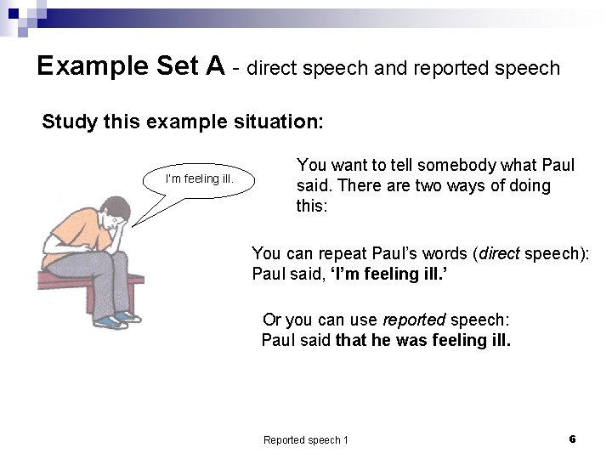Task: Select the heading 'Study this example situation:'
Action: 182,122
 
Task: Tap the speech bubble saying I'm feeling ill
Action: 199,179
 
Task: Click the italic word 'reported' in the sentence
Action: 414,320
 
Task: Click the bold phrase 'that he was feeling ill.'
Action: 423,341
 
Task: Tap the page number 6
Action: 572,439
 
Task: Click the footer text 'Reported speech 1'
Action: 305,439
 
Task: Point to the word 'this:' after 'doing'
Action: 311,206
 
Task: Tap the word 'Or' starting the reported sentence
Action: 272,320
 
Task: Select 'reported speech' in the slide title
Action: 486,68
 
